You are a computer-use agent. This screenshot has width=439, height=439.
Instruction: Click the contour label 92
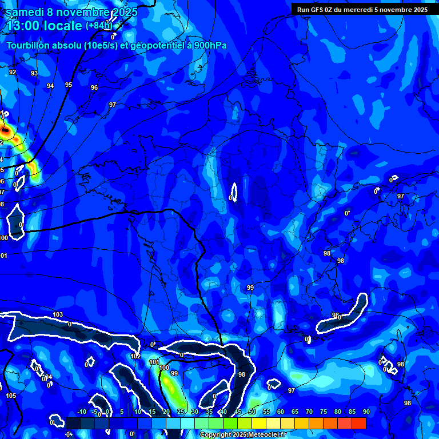point(13,73)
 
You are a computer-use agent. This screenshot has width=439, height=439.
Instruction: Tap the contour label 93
point(34,74)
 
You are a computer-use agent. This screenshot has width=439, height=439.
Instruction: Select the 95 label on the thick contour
point(69,85)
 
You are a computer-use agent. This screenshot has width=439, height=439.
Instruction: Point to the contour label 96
point(94,88)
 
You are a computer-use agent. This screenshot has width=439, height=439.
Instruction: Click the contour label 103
point(58,315)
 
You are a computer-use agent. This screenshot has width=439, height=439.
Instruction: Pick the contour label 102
point(135,356)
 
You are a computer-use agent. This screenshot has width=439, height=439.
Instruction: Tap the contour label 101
point(154,362)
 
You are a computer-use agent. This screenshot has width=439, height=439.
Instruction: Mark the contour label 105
point(11,396)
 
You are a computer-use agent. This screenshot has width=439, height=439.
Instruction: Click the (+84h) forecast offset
point(99,26)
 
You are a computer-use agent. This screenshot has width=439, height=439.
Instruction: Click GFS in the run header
point(317,10)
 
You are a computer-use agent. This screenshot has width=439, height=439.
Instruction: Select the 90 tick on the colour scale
point(366,412)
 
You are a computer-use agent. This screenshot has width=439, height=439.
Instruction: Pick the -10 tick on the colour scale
point(81,412)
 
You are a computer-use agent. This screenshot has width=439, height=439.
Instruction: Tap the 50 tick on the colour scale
point(252,412)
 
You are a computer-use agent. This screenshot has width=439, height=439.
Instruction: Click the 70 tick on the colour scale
point(309,412)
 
